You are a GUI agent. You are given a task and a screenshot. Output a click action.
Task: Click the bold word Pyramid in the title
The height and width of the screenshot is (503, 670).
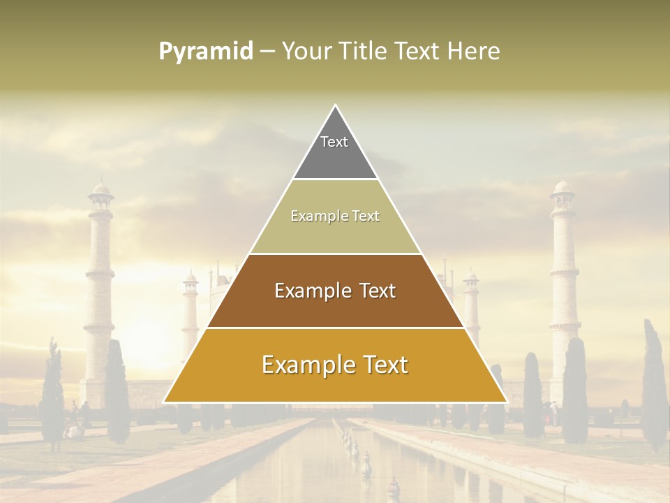pos(206,52)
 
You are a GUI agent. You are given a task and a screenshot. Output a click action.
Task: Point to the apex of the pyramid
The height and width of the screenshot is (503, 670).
pos(335,106)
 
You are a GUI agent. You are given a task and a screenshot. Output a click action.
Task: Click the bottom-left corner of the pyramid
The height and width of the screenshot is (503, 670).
pos(165,402)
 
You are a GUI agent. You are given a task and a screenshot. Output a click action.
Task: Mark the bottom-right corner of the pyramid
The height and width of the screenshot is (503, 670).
pos(506,402)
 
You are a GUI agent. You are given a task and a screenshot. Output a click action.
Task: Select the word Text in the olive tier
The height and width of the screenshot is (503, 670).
pos(364,217)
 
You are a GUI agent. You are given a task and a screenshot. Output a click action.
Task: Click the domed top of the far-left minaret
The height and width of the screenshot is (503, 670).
pos(102,187)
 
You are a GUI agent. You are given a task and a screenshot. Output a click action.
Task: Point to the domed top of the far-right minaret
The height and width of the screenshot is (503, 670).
pos(562,186)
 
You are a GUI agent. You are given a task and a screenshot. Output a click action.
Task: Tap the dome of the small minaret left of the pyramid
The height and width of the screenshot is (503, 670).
pos(190,277)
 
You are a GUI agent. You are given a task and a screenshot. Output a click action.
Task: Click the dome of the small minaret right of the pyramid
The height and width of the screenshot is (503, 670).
pos(471,277)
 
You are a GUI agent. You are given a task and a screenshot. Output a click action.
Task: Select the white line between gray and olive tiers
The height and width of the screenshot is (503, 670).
pos(335,180)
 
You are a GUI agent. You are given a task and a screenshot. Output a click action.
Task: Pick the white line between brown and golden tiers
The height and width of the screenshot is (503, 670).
pos(335,328)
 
